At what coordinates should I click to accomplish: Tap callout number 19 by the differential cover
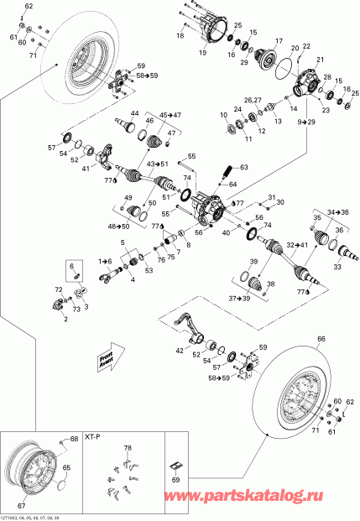202,52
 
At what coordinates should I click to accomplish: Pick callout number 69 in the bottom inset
175,479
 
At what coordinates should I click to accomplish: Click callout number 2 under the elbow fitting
65,319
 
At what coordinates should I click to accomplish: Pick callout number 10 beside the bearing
222,115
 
